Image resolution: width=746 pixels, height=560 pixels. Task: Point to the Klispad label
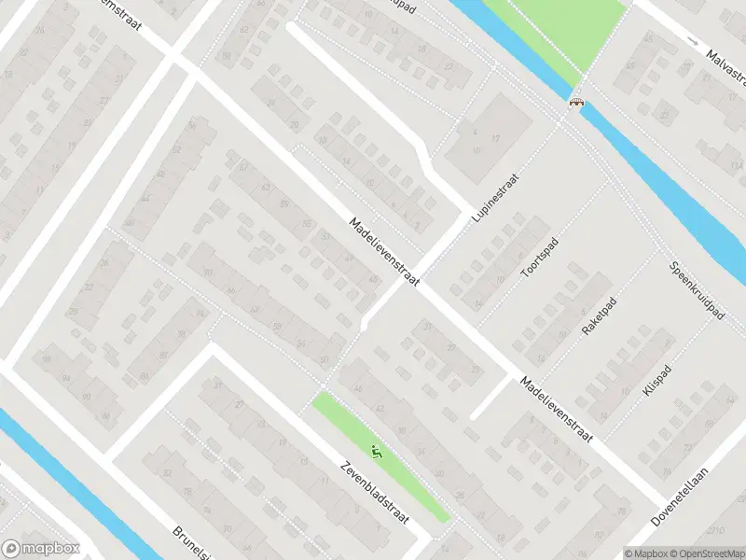pos(656,379)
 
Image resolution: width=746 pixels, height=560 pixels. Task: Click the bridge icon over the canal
pos(577,101)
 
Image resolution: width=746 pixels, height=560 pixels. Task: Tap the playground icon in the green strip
pos(377,454)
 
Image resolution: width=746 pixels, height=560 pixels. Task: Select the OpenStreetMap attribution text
pos(707,553)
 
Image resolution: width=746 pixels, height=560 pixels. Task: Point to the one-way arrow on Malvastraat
pos(691,41)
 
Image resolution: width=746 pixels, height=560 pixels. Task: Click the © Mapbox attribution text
pos(646,553)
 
